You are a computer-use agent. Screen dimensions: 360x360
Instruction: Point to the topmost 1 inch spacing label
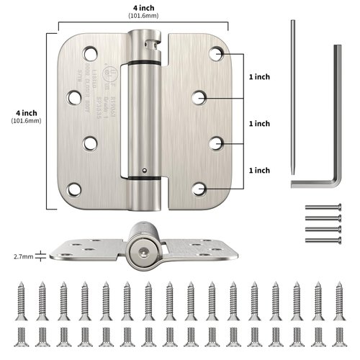(x=258, y=76)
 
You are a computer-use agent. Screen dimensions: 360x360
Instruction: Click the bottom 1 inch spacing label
(x=258, y=170)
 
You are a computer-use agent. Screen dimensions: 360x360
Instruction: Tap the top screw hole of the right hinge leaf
(x=218, y=53)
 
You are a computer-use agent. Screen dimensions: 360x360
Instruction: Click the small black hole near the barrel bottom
(x=144, y=171)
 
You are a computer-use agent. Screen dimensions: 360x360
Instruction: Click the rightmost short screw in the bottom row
(x=340, y=336)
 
